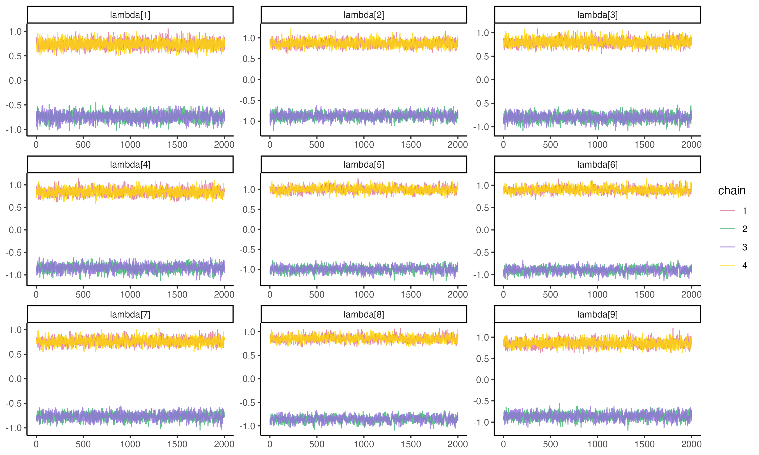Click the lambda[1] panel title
[x=130, y=15]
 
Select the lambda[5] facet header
[x=364, y=165]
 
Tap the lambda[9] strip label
[x=597, y=314]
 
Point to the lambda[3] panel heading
[x=597, y=15]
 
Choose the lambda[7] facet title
[x=130, y=314]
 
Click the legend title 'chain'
[x=732, y=191]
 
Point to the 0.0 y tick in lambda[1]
[x=15, y=81]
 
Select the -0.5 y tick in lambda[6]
[x=482, y=253]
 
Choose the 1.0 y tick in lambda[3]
[x=482, y=33]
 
